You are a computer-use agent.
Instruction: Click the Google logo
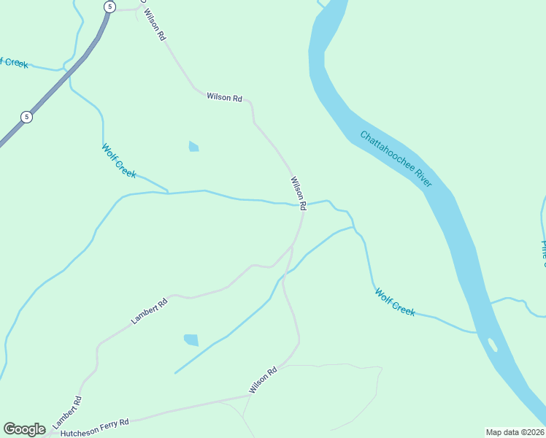[x=24, y=429]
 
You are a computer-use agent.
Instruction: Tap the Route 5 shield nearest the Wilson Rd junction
[x=109, y=7]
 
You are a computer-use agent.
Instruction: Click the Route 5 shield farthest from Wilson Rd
[x=26, y=117]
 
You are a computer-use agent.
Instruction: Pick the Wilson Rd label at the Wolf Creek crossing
[x=298, y=193]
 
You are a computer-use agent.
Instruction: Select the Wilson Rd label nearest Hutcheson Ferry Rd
[x=264, y=380]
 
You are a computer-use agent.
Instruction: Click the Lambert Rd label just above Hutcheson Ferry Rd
[x=67, y=412]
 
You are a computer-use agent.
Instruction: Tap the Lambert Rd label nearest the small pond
[x=150, y=310]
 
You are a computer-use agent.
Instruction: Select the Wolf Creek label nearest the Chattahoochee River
[x=395, y=301]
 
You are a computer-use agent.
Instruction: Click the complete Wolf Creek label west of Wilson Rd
[x=119, y=161]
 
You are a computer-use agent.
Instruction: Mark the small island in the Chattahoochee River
[x=493, y=345]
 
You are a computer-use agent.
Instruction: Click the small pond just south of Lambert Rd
[x=191, y=339]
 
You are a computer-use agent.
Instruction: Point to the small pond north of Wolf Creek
[x=193, y=147]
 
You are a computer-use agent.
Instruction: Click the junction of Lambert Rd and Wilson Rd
[x=291, y=249]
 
